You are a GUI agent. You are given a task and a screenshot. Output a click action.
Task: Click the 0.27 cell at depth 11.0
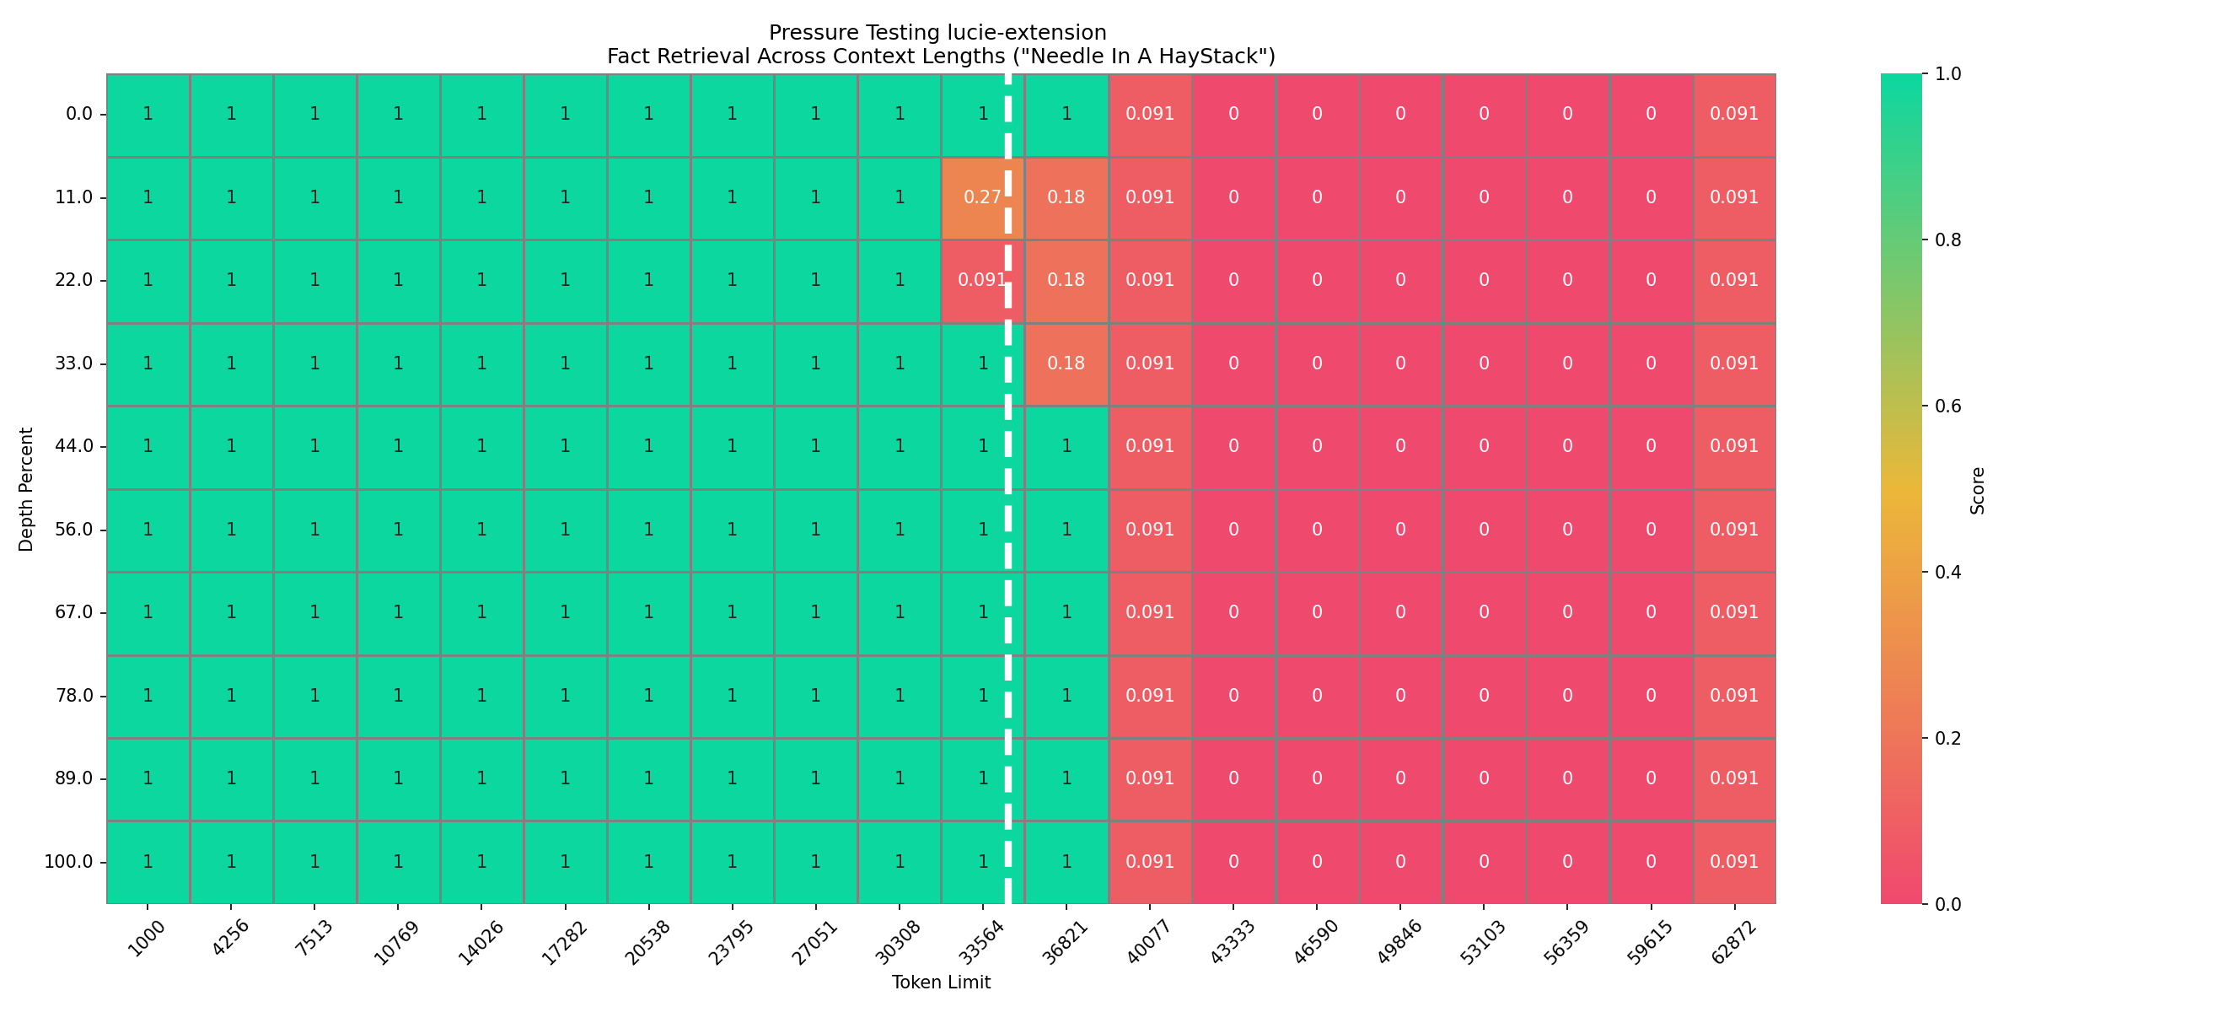982,197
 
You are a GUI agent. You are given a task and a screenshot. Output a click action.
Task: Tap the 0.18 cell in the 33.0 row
1066,363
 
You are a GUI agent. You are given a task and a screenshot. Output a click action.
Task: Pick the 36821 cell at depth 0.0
1066,114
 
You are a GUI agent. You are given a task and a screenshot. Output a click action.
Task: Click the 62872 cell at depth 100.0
1733,862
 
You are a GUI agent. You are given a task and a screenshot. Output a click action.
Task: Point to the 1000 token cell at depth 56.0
148,530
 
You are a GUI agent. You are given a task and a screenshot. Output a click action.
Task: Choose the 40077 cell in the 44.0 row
1149,446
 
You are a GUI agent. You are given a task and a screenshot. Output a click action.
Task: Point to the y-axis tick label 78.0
74,696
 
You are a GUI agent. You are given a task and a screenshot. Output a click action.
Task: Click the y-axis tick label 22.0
74,280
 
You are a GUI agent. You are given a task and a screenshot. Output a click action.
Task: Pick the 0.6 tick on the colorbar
1947,406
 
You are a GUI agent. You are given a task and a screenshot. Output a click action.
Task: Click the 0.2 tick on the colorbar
1947,739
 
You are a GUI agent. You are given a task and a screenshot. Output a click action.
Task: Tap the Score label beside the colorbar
1978,491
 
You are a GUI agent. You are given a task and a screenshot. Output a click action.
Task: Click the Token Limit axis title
941,982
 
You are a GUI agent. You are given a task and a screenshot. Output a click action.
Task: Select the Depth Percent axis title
27,489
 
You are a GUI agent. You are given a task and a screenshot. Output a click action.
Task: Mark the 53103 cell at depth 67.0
1484,612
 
